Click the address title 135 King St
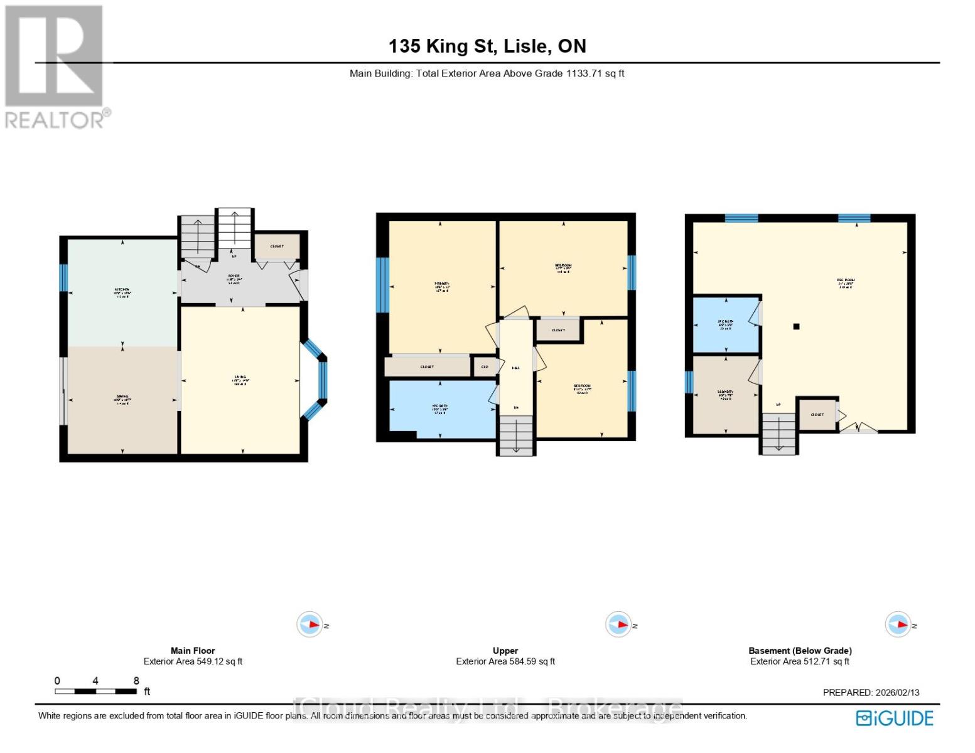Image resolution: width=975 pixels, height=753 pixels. click(487, 46)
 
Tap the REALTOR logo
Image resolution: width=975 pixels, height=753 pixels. click(56, 67)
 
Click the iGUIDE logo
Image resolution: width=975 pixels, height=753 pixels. click(895, 718)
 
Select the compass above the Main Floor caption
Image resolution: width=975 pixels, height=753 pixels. click(310, 624)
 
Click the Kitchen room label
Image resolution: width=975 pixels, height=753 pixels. click(122, 292)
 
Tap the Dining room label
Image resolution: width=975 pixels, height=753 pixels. click(122, 399)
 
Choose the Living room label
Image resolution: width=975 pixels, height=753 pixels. click(240, 380)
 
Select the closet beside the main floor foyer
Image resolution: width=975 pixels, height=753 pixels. click(276, 247)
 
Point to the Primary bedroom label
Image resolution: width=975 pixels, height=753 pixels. click(441, 287)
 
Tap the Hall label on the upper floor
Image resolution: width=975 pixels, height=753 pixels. click(515, 368)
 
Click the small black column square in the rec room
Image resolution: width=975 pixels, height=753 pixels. click(796, 326)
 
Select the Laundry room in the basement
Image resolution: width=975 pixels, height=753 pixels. click(725, 395)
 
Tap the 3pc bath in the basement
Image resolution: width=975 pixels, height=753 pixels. click(726, 324)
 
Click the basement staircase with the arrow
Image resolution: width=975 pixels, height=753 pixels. click(778, 433)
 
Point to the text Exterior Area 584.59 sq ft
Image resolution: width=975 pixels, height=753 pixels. click(505, 661)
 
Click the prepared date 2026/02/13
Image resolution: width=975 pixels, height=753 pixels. click(871, 692)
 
